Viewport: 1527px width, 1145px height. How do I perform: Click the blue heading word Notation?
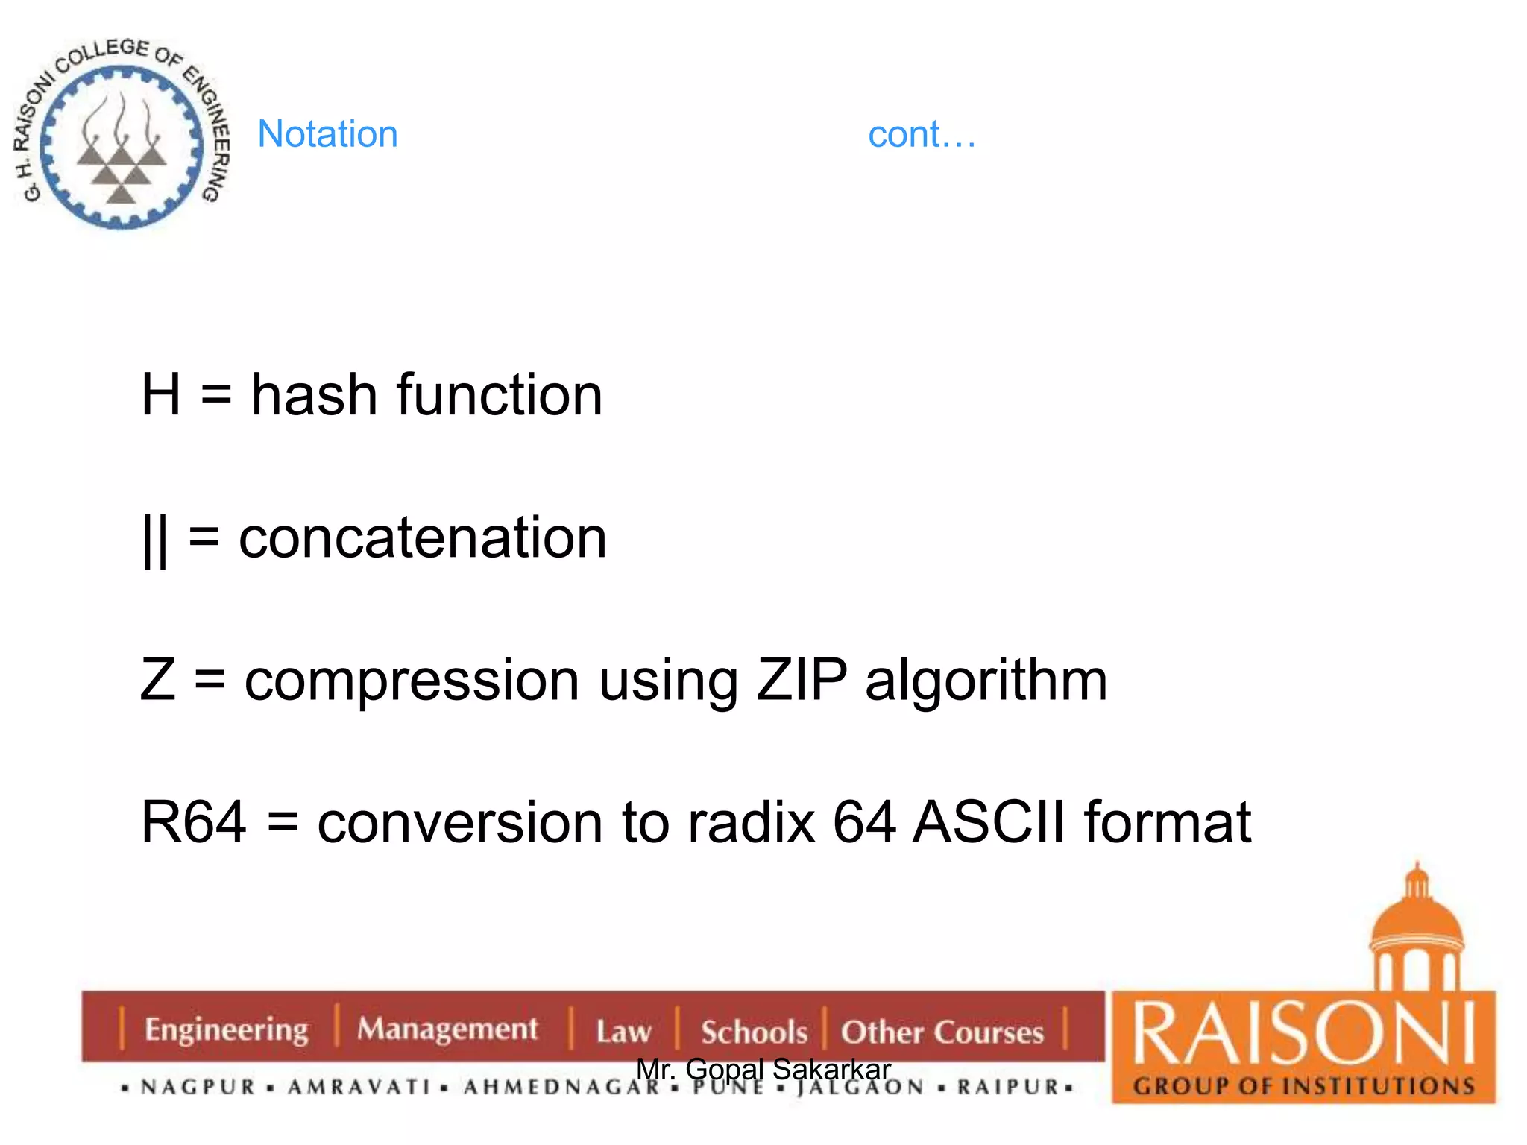point(327,134)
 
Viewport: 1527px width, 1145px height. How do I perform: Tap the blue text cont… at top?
point(922,135)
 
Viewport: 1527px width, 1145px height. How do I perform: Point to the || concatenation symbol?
point(154,540)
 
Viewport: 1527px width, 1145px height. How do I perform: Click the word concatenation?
point(422,537)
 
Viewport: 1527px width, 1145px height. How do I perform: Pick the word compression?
point(412,681)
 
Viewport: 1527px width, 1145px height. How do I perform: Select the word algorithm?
point(986,681)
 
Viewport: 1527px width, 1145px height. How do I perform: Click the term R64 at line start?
point(193,822)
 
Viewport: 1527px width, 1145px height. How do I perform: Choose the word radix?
point(751,822)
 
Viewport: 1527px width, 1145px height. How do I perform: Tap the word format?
point(1167,822)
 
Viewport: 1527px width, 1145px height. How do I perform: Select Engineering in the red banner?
point(226,1030)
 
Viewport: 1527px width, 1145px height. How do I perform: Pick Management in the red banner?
point(447,1029)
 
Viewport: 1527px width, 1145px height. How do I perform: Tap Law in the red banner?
point(623,1032)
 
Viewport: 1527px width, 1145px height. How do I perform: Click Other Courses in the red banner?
point(942,1032)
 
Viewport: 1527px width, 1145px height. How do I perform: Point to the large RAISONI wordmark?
point(1303,1032)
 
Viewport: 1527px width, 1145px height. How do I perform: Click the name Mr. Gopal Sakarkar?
point(763,1069)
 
